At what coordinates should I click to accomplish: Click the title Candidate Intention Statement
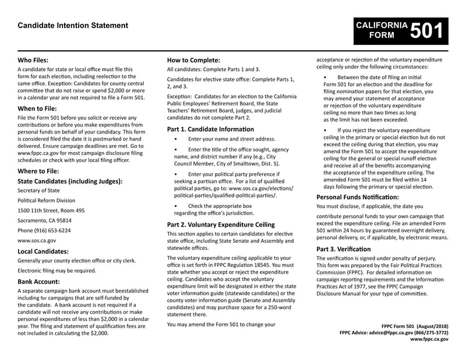click(x=73, y=26)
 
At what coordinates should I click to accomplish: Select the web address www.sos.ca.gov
click(x=37, y=240)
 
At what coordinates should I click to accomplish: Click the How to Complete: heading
click(x=193, y=59)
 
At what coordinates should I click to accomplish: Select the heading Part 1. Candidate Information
click(x=210, y=128)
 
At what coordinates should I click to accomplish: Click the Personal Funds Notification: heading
click(x=357, y=197)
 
